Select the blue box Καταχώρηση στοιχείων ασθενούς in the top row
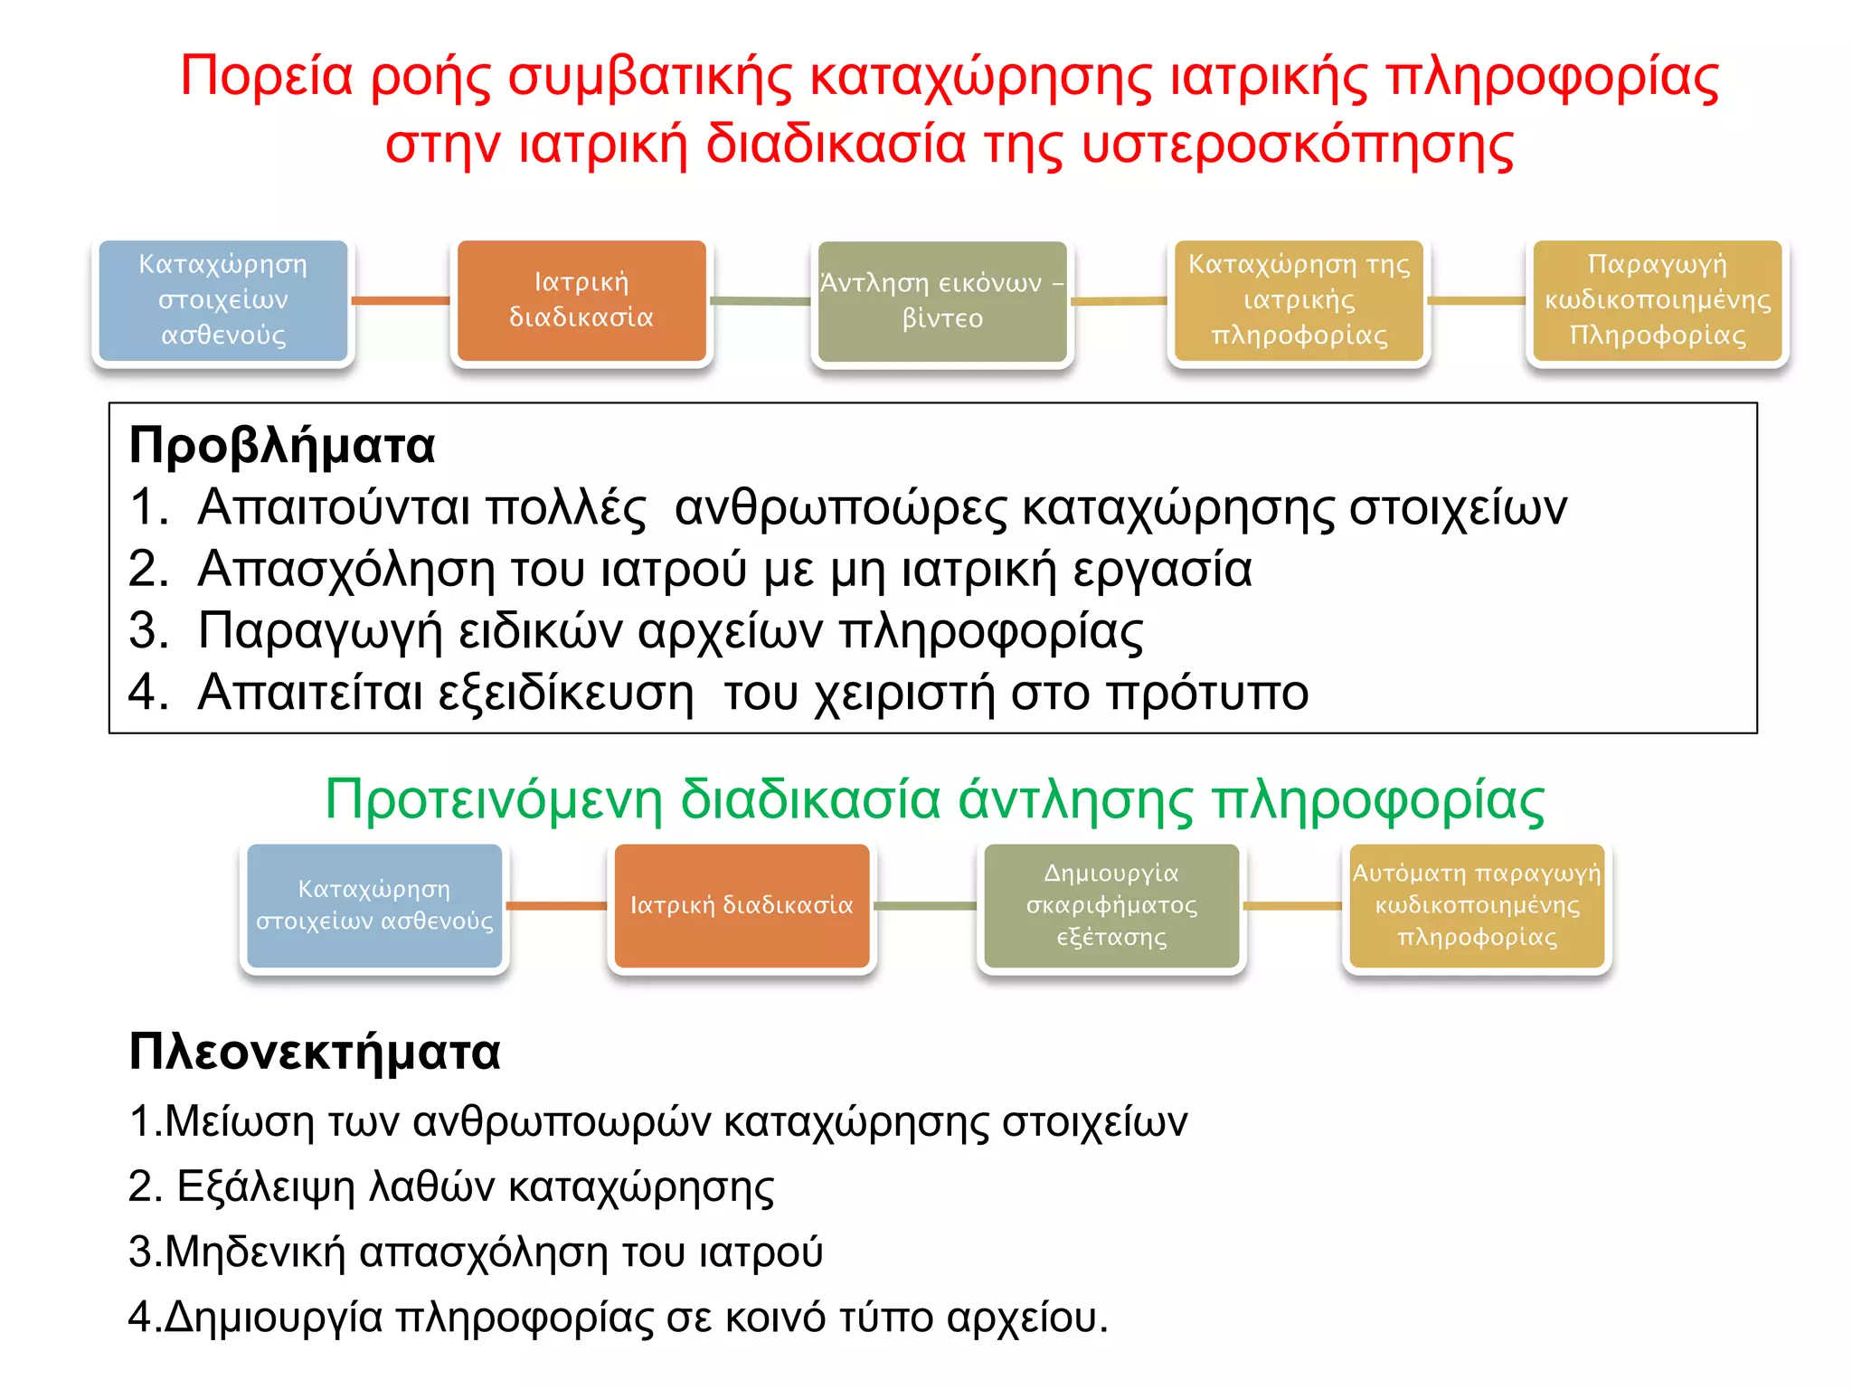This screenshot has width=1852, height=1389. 222,300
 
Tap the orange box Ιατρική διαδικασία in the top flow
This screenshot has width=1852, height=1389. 581,300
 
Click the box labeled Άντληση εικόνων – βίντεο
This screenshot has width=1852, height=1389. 941,301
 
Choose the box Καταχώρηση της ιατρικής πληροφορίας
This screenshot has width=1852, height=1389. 1299,300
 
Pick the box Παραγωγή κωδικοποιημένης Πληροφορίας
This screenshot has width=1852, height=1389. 1657,300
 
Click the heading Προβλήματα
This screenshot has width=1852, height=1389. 281,446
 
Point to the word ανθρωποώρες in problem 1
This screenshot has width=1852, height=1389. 840,507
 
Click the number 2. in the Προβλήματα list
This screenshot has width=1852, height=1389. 148,570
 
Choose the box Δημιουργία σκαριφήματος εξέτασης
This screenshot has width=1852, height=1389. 1111,905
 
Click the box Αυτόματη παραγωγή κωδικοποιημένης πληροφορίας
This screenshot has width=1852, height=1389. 1476,905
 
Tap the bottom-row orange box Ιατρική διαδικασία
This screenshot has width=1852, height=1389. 742,905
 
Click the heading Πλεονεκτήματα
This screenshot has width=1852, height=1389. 314,1053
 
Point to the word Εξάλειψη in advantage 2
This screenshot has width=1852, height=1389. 265,1187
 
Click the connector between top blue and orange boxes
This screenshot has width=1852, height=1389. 401,300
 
